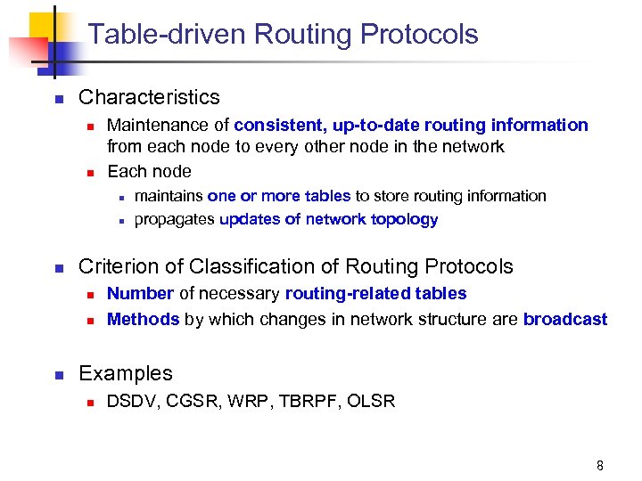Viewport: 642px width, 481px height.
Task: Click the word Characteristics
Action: [149, 97]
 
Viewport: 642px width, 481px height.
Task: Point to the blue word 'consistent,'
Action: [277, 126]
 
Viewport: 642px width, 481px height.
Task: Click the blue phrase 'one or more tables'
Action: [279, 196]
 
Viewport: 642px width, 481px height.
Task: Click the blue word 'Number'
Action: [140, 294]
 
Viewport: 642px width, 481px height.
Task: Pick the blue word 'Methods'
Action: [143, 319]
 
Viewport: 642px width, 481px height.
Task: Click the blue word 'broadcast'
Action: [565, 319]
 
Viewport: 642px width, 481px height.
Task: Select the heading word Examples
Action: [126, 374]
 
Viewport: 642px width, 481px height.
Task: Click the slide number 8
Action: [600, 465]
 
